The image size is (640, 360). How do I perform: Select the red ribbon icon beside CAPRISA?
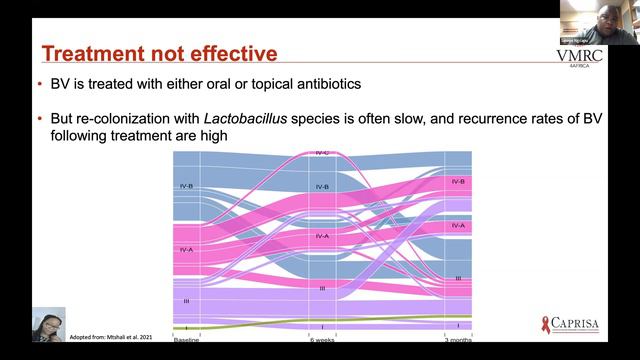(x=545, y=322)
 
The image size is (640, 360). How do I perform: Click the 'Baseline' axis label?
(x=186, y=339)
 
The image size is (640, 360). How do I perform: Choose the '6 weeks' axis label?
(x=322, y=339)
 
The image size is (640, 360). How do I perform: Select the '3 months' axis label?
(x=457, y=339)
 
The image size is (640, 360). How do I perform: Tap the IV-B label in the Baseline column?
(x=186, y=186)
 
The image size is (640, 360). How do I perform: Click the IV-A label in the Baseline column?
(x=186, y=249)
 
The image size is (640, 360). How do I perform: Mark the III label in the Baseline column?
(x=186, y=299)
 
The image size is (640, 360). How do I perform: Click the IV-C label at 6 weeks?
(x=322, y=153)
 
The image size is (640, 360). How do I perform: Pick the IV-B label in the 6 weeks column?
(x=322, y=187)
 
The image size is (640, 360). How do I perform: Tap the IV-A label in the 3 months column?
(x=458, y=226)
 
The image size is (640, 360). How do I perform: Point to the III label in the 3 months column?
(x=458, y=278)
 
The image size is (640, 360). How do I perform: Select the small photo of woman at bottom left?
(x=48, y=325)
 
